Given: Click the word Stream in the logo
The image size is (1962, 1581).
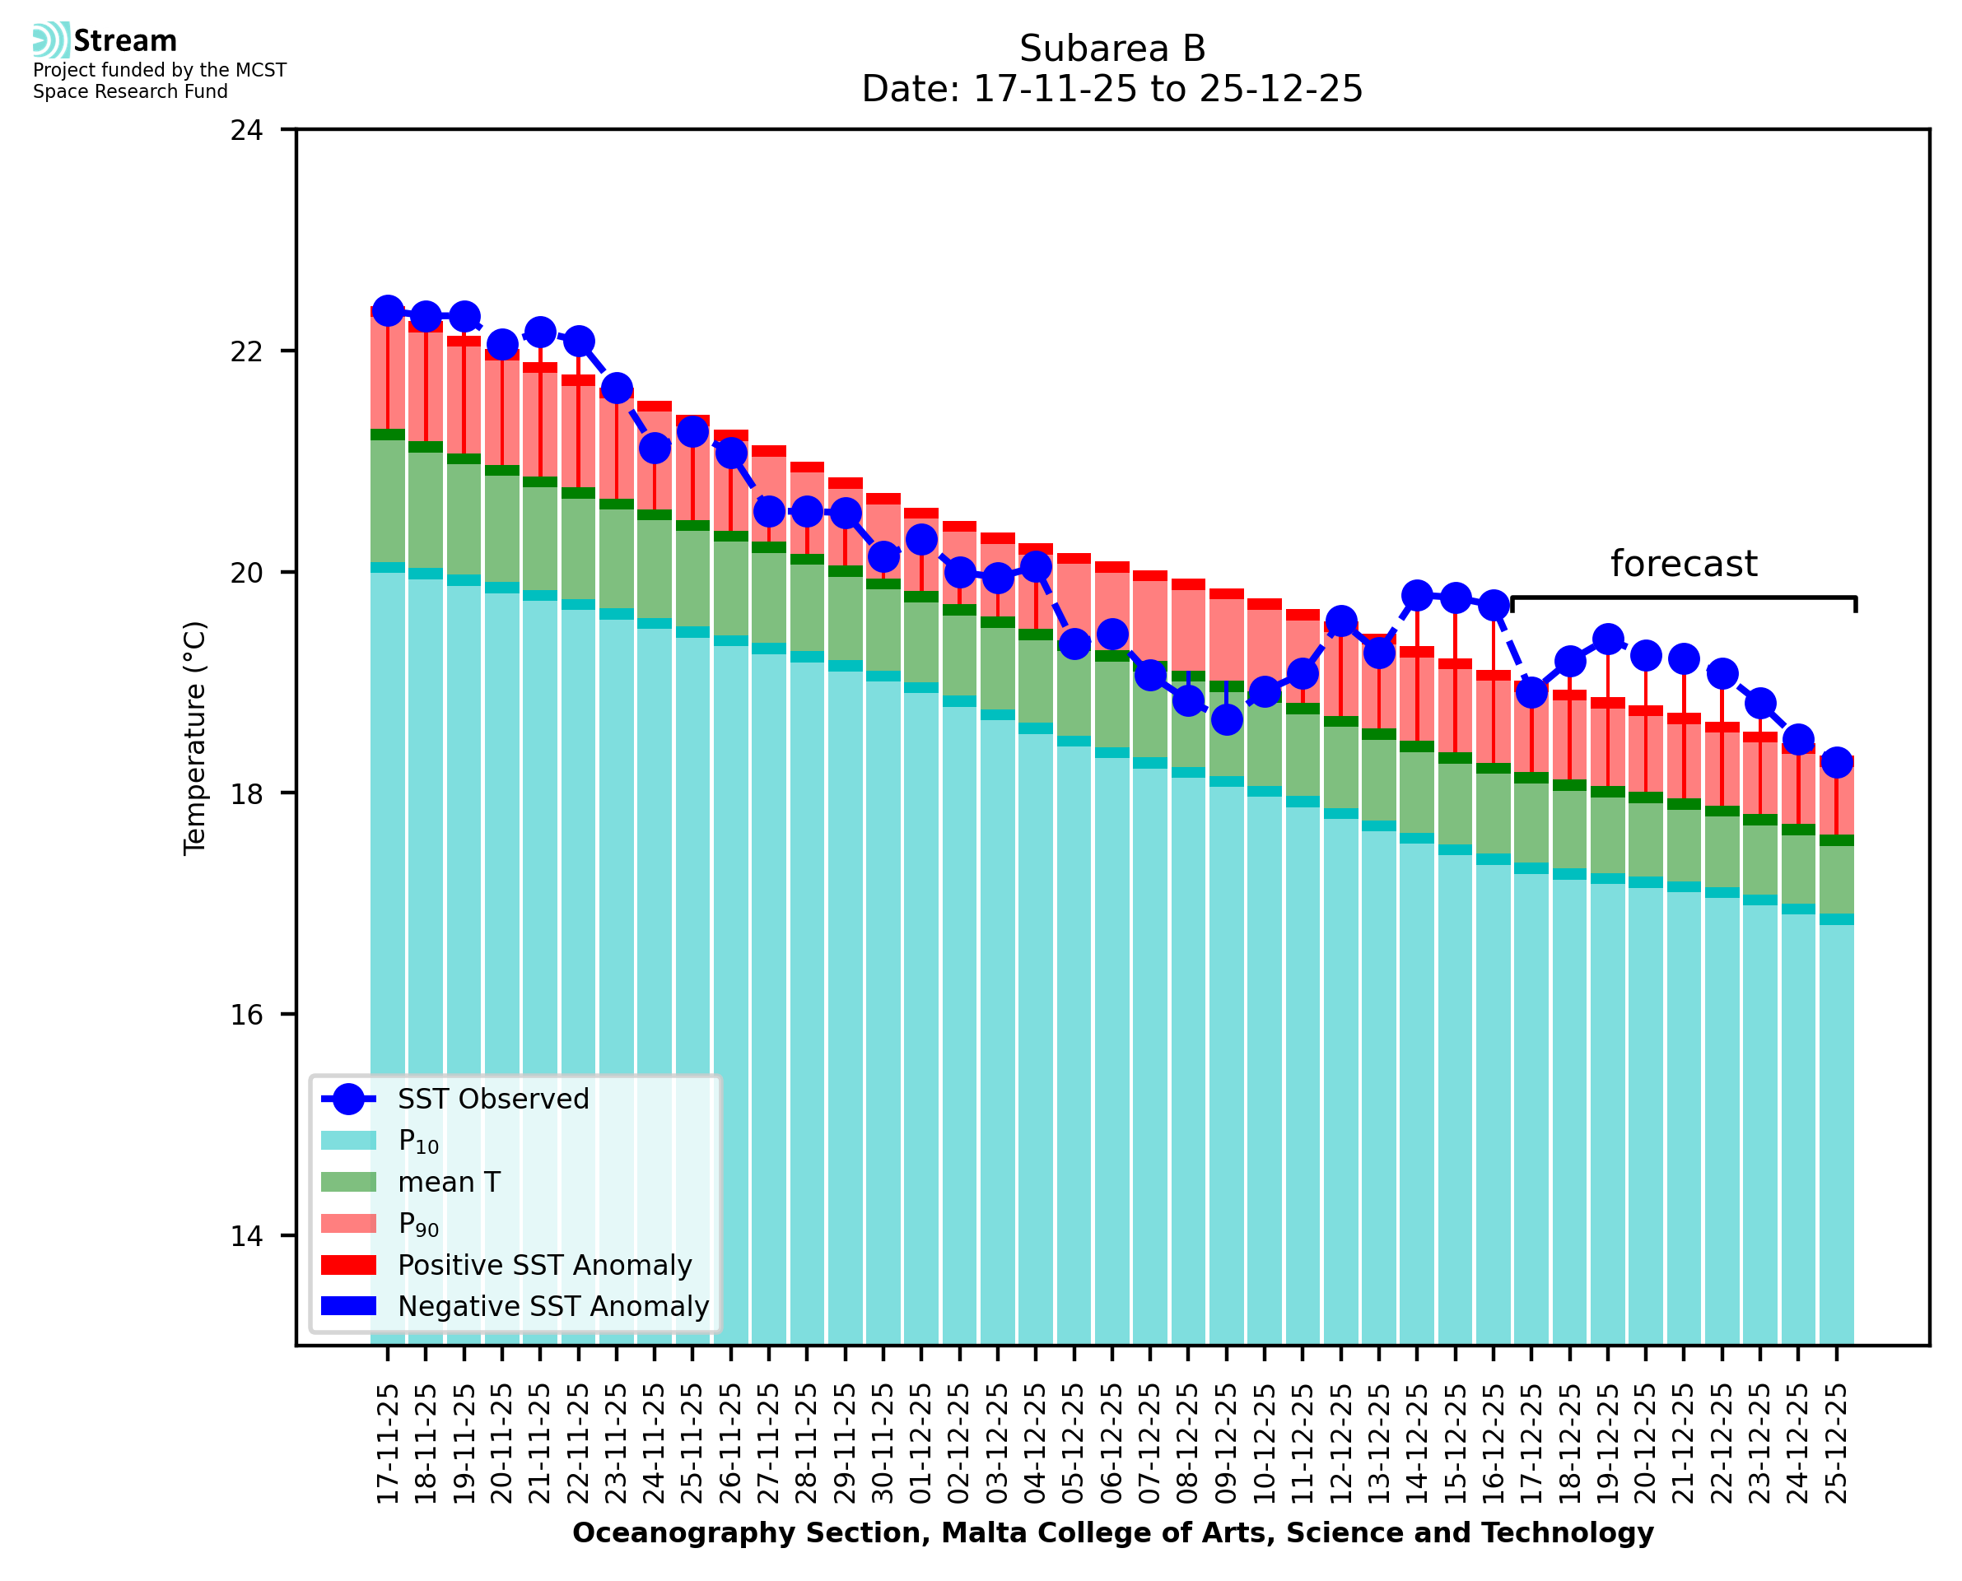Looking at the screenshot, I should [x=125, y=41].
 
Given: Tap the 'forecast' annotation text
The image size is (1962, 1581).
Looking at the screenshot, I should [x=1682, y=564].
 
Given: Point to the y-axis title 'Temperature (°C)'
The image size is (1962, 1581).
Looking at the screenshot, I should [x=195, y=737].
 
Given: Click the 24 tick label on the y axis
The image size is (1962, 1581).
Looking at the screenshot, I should [x=246, y=130].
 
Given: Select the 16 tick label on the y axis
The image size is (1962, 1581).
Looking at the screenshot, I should [x=246, y=1015].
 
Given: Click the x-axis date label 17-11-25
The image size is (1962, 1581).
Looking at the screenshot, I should [x=388, y=1444].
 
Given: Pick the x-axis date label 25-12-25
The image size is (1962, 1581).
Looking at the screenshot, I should [x=1836, y=1444].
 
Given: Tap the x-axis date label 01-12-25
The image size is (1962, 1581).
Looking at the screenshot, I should [x=922, y=1444].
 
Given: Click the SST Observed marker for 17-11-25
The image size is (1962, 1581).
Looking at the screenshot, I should [x=388, y=311].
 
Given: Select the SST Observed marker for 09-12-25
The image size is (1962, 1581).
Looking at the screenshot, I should [x=1227, y=719].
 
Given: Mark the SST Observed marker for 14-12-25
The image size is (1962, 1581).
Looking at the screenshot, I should [x=1417, y=597].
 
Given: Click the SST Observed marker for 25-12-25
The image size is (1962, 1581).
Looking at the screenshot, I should [x=1836, y=762].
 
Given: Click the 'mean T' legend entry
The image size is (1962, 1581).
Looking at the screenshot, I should [x=449, y=1182].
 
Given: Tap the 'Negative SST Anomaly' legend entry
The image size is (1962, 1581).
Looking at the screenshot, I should [x=553, y=1306].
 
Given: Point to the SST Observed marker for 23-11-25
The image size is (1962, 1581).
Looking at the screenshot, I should [x=617, y=388].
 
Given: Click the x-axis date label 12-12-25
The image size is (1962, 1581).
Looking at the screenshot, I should [x=1340, y=1444].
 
